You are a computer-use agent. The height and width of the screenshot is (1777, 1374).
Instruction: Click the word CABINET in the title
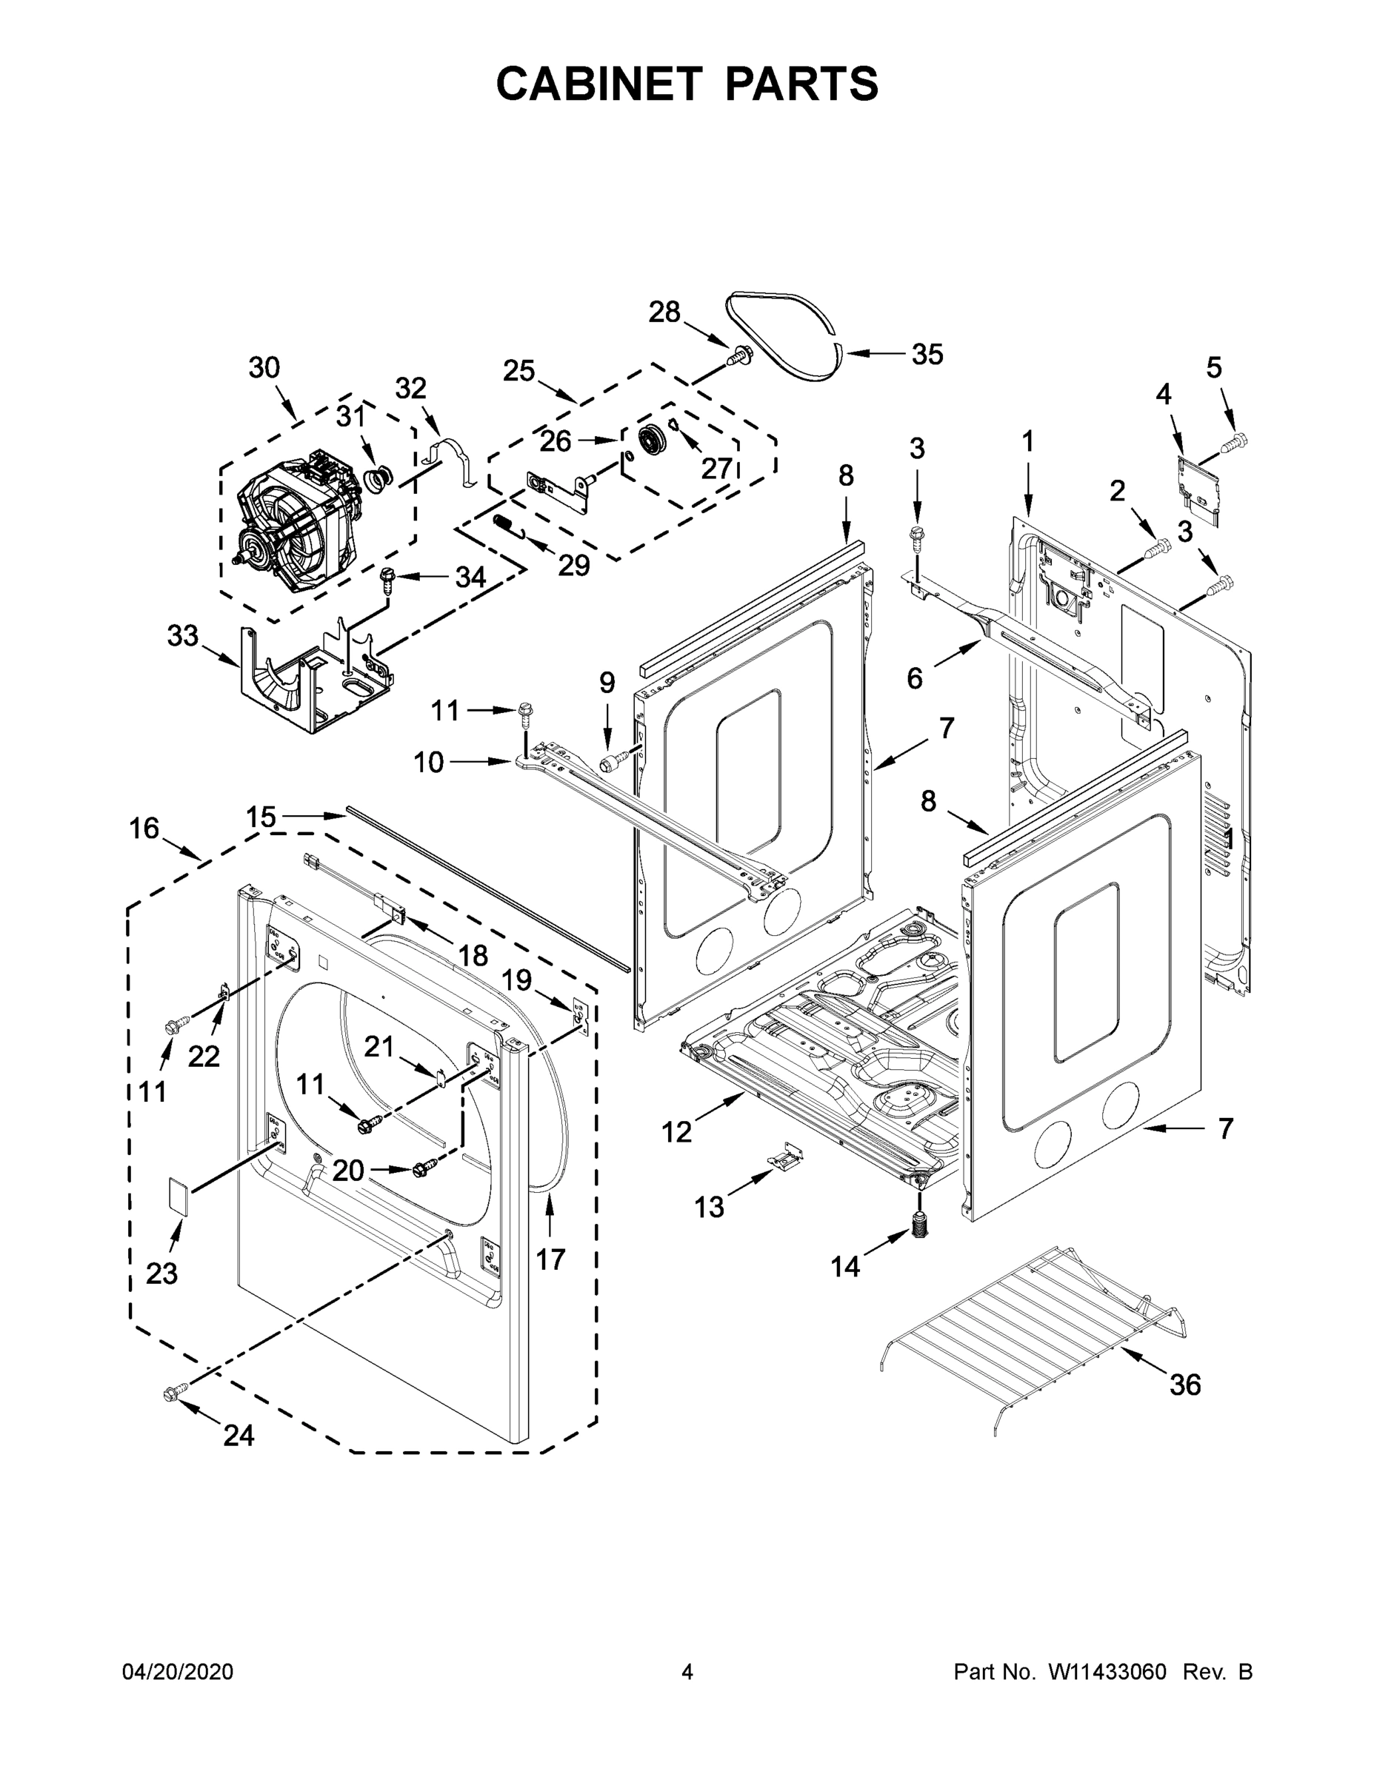[x=598, y=83]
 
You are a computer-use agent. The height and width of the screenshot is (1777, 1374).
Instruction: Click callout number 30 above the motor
[x=264, y=368]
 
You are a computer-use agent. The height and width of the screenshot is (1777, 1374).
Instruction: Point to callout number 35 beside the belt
[x=927, y=354]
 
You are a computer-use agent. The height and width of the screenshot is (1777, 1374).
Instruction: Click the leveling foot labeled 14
[x=921, y=1224]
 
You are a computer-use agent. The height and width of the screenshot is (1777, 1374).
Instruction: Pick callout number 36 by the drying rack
[x=1184, y=1384]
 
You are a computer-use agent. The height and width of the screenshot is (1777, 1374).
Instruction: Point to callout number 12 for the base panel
[x=676, y=1131]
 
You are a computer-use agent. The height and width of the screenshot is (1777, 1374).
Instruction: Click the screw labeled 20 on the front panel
[x=424, y=1168]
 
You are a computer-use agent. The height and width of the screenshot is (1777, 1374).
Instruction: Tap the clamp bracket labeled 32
[x=454, y=461]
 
